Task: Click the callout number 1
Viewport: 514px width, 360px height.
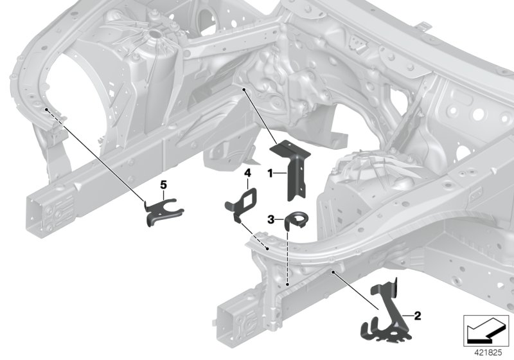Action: click(270, 173)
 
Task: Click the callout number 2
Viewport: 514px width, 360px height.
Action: click(417, 315)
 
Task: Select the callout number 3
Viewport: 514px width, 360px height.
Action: click(271, 219)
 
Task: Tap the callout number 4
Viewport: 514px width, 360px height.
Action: click(246, 172)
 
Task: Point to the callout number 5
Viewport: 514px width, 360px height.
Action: click(163, 184)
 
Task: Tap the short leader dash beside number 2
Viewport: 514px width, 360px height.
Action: click(409, 315)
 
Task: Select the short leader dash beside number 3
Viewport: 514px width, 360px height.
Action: click(279, 219)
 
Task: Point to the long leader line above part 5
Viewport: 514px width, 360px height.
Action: click(96, 154)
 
